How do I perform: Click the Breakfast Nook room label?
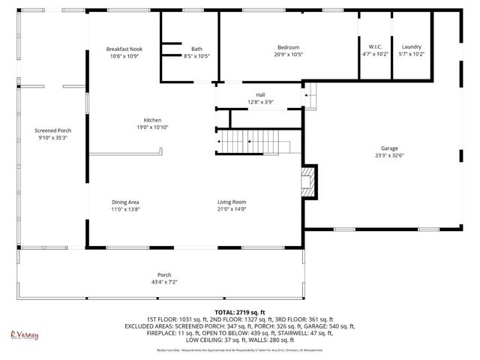pos(125,49)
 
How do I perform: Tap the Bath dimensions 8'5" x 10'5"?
pos(196,56)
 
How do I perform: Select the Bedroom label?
pos(289,48)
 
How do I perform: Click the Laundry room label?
pos(412,46)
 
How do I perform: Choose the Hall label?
pos(260,94)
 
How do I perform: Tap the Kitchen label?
pos(153,120)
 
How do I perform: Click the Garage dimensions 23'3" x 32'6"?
pos(388,155)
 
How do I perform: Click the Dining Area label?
pos(125,202)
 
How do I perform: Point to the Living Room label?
pos(232,202)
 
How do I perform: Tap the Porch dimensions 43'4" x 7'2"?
pos(163,282)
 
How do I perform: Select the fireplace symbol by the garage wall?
pos(308,181)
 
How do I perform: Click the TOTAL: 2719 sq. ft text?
pos(239,312)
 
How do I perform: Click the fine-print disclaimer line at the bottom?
pos(239,350)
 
